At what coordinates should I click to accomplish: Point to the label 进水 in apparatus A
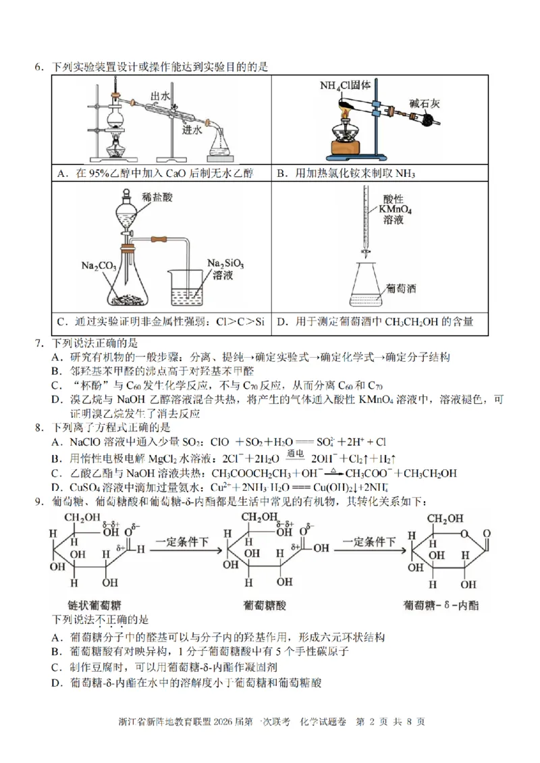[x=192, y=132]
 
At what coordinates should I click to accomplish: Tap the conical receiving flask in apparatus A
[x=221, y=144]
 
